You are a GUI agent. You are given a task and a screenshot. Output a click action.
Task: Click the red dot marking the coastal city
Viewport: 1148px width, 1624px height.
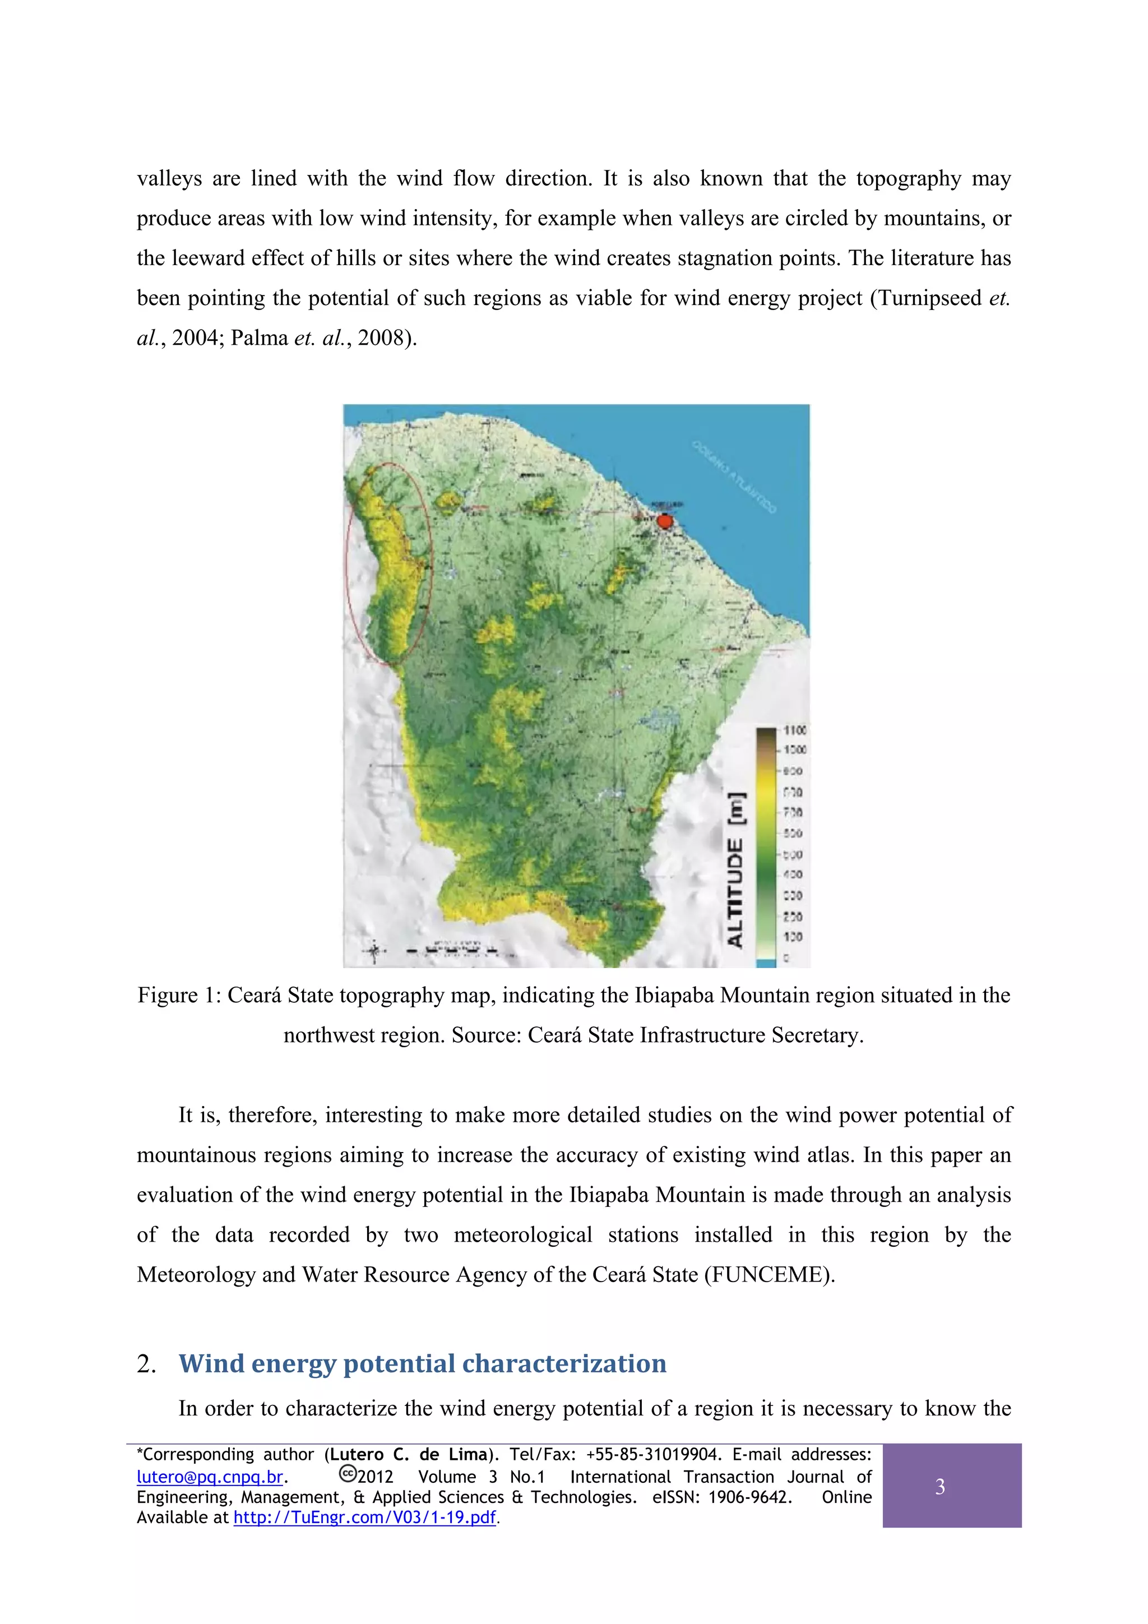click(x=664, y=521)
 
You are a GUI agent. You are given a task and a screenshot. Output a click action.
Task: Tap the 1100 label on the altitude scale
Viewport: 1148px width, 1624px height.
click(x=794, y=730)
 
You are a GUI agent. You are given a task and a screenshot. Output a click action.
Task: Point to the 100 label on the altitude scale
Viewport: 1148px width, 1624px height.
click(x=793, y=937)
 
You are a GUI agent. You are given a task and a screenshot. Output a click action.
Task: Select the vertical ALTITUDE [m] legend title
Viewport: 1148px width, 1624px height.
click(x=735, y=870)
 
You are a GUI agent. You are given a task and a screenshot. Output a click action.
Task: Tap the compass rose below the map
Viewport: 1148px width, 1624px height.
click(x=375, y=951)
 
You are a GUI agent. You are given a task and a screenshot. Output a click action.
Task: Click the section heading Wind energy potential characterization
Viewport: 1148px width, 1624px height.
click(x=422, y=1363)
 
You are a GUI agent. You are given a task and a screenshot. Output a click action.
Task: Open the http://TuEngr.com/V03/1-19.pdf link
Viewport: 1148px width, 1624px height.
click(x=364, y=1517)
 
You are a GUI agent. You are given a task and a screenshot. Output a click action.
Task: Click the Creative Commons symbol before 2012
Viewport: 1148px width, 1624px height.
click(x=348, y=1473)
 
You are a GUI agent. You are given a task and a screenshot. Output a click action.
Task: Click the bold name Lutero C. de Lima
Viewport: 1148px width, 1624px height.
click(x=409, y=1455)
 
